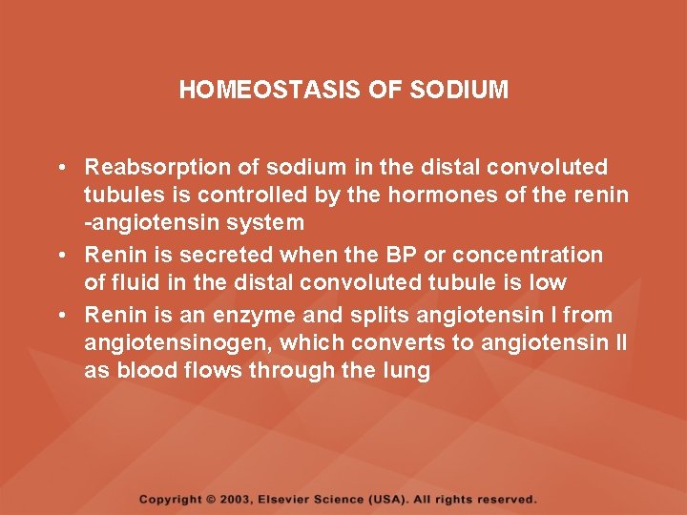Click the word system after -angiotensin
(x=268, y=223)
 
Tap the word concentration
(x=528, y=256)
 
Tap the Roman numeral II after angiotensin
(x=621, y=342)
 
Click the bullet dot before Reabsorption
(x=60, y=168)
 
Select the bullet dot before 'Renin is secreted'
(x=60, y=256)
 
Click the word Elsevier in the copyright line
(x=285, y=499)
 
